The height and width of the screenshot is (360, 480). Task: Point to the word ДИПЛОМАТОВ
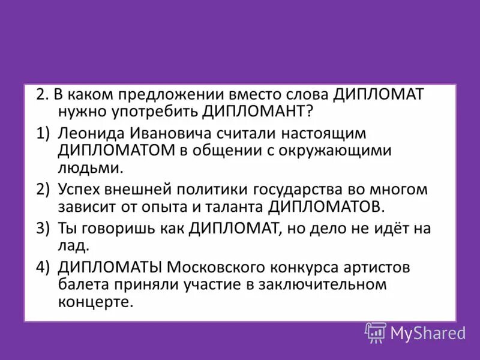[325, 207]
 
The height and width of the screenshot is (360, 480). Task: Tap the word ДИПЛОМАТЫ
[111, 267]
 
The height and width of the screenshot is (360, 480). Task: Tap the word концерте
[95, 301]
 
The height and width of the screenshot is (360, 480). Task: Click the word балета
[80, 284]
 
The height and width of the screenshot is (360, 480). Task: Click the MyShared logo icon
[376, 332]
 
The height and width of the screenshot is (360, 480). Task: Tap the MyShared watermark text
[428, 332]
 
